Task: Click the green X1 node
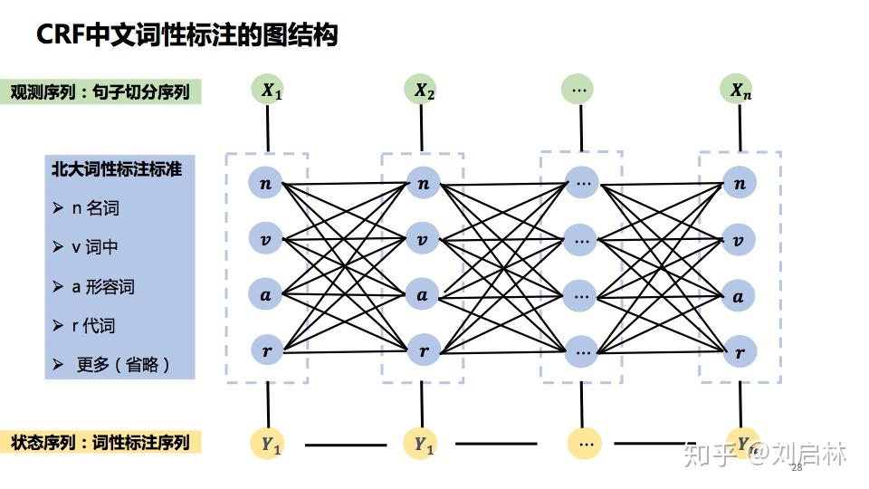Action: [x=271, y=90]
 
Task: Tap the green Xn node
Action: [x=740, y=90]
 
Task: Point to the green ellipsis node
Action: [x=578, y=90]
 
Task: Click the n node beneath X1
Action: [x=265, y=184]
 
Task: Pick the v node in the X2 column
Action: [x=422, y=240]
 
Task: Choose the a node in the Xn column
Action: [x=740, y=295]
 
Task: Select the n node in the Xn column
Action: [x=740, y=184]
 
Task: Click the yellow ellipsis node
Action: [x=585, y=443]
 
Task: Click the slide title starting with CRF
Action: [x=186, y=35]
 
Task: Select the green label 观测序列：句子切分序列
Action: [x=100, y=91]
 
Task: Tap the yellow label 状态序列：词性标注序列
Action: [x=100, y=443]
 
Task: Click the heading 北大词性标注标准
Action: [x=116, y=168]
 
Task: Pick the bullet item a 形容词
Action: [x=103, y=287]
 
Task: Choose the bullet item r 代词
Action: [x=94, y=326]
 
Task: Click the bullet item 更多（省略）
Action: [x=122, y=364]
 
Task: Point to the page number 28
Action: [x=797, y=468]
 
